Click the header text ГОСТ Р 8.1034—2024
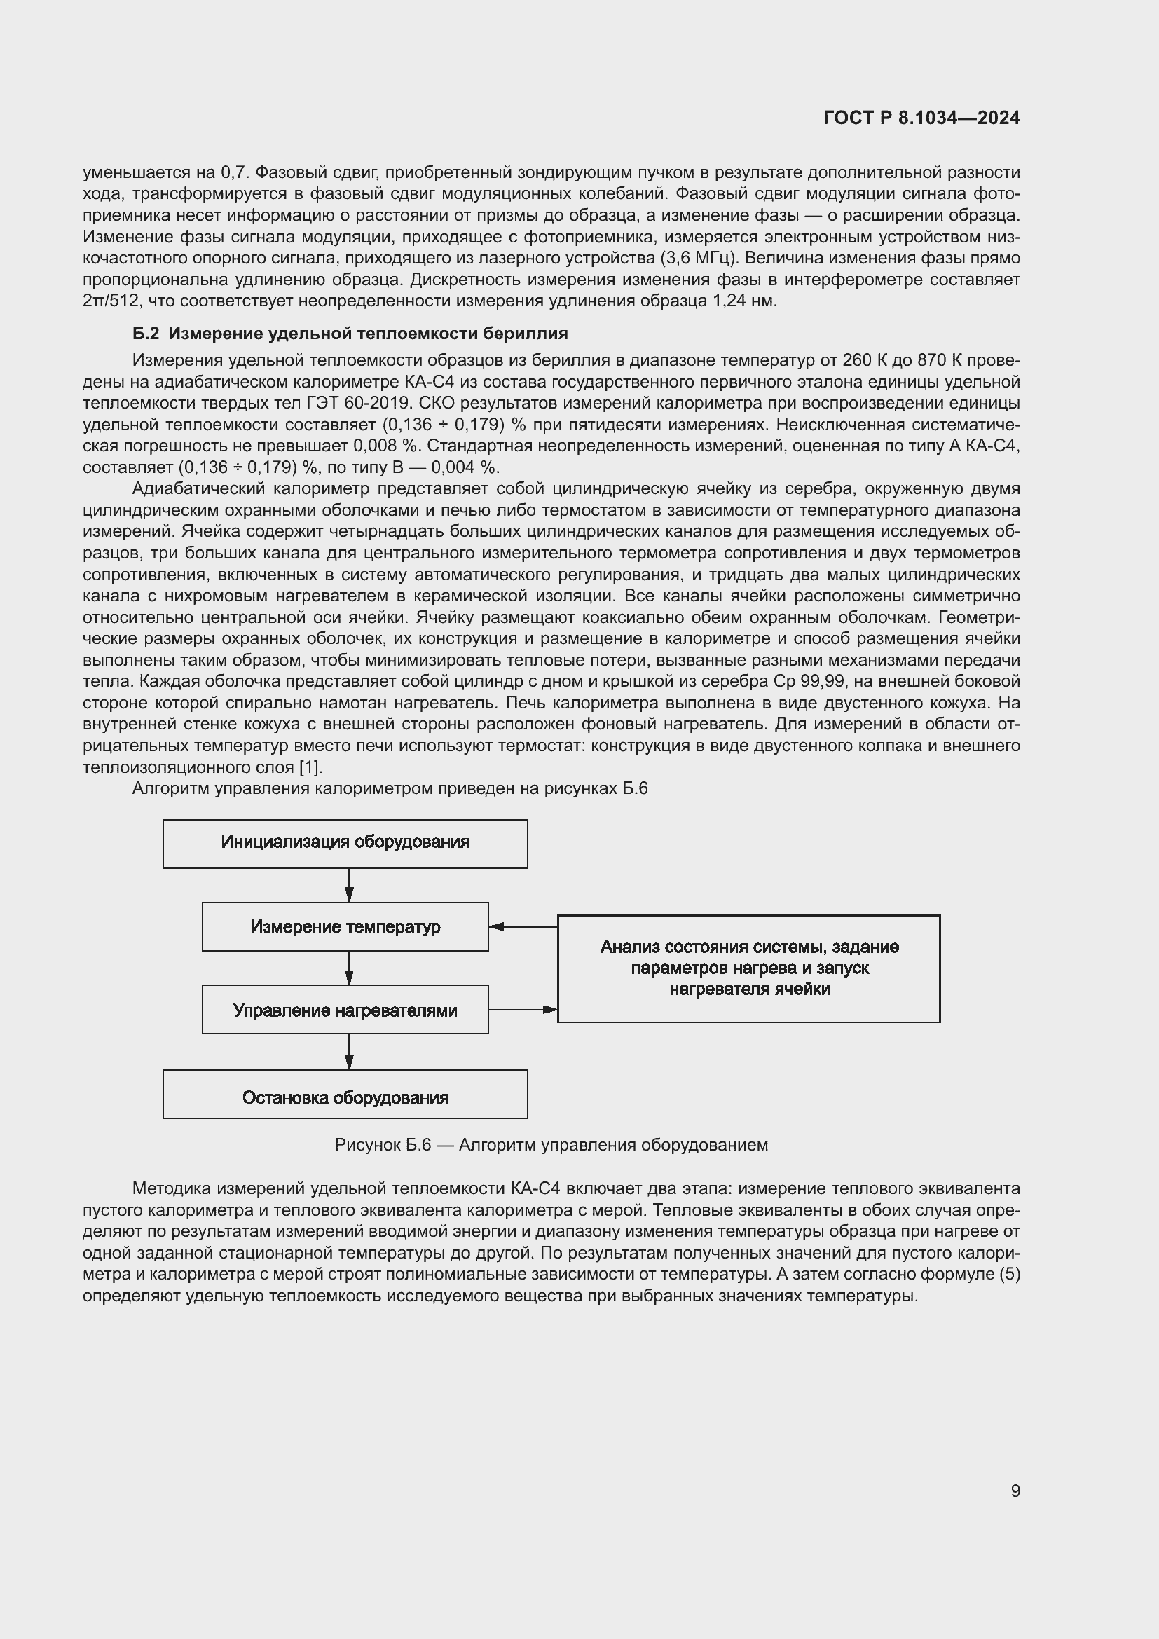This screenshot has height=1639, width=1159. [x=921, y=118]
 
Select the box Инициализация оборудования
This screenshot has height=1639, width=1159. [x=345, y=843]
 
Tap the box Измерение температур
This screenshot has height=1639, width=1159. [x=345, y=926]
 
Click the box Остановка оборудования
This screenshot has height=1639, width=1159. [x=345, y=1097]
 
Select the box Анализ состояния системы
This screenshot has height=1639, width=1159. [x=748, y=968]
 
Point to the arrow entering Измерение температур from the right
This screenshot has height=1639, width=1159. [x=523, y=926]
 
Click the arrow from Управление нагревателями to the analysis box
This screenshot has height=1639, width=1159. [x=523, y=1009]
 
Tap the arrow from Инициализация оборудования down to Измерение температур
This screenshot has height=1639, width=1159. [x=349, y=885]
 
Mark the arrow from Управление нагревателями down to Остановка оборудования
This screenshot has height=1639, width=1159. [x=349, y=1051]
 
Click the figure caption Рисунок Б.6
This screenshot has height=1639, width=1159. [x=551, y=1145]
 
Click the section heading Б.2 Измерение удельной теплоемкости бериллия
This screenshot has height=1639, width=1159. [x=350, y=334]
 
